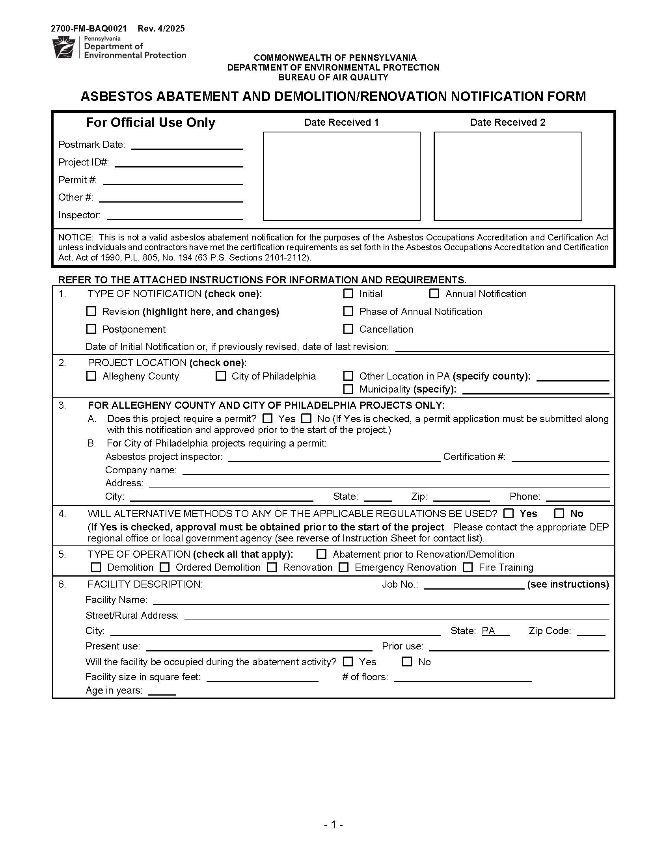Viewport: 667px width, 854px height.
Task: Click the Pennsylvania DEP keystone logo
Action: (x=63, y=47)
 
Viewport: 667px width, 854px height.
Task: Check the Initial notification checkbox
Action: (x=348, y=294)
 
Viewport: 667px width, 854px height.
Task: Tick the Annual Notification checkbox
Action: (x=434, y=294)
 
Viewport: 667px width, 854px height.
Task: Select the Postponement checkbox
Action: (x=91, y=329)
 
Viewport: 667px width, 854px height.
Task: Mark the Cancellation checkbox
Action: (x=348, y=329)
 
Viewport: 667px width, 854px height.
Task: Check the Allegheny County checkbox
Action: (x=91, y=376)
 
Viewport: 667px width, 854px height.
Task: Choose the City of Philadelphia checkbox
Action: (x=220, y=376)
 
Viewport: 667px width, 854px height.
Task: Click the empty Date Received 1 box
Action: (x=341, y=176)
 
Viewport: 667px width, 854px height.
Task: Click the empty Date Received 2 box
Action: (x=507, y=176)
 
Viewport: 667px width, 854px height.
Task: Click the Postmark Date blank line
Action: (x=187, y=145)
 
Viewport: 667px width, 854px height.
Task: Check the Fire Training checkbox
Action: (x=468, y=567)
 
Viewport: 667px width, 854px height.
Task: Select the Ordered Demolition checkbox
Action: (x=165, y=567)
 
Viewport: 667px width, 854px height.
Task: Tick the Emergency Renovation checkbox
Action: (x=344, y=567)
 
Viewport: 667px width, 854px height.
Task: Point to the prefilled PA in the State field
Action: (x=488, y=631)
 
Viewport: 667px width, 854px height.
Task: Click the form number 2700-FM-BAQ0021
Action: (x=89, y=29)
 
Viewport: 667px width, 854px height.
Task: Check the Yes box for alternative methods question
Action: (x=509, y=514)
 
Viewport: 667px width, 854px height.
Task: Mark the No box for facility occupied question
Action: (x=407, y=662)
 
